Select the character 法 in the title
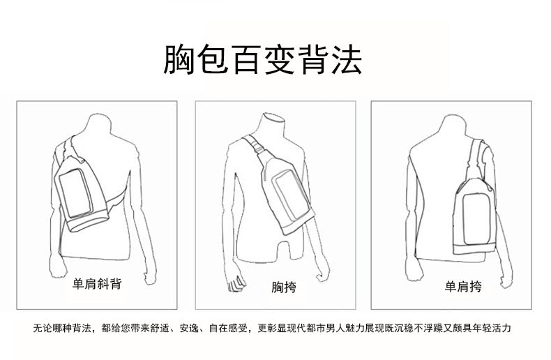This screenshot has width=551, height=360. pyautogui.click(x=347, y=61)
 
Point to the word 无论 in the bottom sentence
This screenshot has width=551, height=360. pyautogui.click(x=43, y=327)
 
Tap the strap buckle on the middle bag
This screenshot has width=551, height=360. pyautogui.click(x=259, y=149)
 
